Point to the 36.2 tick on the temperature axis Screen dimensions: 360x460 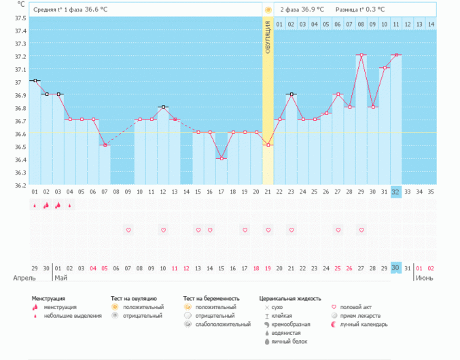20,185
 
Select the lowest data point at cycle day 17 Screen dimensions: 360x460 222,158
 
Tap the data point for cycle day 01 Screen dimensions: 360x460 35,81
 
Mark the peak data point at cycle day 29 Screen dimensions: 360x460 361,55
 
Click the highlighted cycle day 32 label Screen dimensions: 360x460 395,192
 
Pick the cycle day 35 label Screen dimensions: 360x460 431,192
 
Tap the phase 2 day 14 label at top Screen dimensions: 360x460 430,24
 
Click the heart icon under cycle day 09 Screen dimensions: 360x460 128,230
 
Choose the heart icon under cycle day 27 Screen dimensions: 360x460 338,230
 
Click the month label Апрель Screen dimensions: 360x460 25,278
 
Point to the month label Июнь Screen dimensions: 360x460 425,278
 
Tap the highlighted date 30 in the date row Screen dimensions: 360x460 395,268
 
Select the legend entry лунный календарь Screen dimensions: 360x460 365,325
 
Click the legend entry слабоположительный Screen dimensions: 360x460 223,325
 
